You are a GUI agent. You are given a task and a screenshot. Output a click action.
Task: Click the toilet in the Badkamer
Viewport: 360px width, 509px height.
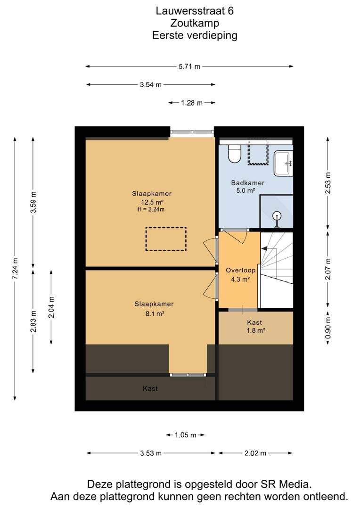coord(235,154)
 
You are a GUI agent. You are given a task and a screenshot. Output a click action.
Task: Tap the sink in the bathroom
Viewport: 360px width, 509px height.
coord(283,163)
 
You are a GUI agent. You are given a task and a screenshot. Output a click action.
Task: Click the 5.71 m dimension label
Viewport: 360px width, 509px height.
coord(189,66)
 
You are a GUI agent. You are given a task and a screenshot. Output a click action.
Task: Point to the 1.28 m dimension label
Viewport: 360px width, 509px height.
coord(191,103)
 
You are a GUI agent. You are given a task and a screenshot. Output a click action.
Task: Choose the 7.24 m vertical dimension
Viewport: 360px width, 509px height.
coord(15,268)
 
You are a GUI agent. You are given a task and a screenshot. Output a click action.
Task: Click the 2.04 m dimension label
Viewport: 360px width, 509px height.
coord(51,307)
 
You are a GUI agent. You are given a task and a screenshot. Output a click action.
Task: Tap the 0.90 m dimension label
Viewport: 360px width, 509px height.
coord(328,327)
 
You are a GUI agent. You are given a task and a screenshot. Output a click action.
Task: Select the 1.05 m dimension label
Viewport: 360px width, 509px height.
coord(185,435)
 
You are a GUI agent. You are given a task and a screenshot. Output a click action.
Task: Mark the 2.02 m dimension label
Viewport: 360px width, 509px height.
coord(255,453)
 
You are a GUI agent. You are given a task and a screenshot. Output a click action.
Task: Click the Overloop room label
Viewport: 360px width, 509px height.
coord(240,270)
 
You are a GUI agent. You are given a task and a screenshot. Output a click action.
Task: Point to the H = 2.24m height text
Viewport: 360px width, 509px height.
coord(151,209)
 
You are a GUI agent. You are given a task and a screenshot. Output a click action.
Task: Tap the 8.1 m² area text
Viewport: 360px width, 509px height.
coord(154,313)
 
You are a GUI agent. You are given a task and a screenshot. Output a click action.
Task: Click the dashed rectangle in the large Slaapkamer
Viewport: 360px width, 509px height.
coord(166,239)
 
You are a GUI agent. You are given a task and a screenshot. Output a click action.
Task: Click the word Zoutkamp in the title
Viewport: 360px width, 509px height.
coord(195,23)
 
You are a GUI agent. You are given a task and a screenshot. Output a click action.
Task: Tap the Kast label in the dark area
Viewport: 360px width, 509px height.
coord(150,388)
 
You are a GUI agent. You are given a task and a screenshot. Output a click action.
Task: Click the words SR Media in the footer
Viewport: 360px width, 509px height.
coord(286,484)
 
